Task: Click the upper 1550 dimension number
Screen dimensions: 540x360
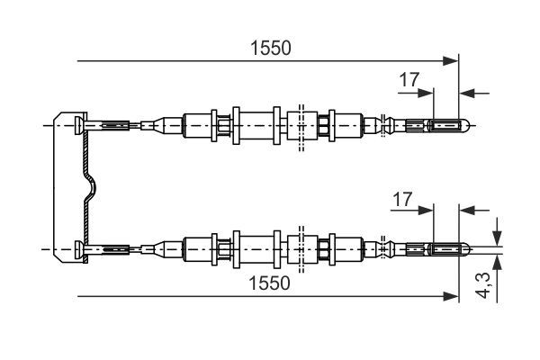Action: [271, 48]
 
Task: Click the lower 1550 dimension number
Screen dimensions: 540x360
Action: [269, 283]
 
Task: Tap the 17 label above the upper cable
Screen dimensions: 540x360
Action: [409, 80]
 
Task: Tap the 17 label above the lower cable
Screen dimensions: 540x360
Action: [402, 200]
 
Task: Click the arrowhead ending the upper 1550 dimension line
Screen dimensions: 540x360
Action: [451, 61]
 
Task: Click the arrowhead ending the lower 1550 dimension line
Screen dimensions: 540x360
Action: [451, 296]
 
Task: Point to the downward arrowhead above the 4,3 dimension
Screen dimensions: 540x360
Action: [497, 238]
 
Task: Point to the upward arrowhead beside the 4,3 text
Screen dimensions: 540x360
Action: [497, 263]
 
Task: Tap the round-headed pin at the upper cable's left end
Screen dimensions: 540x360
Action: [79, 125]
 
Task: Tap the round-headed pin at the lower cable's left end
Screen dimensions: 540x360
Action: [79, 248]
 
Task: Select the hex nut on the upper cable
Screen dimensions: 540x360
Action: [324, 125]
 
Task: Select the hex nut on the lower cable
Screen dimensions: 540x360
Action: [324, 248]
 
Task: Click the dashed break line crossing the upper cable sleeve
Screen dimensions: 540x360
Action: [301, 128]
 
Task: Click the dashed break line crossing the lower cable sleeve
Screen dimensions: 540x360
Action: [301, 249]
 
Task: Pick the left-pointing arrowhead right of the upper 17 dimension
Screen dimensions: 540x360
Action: [467, 93]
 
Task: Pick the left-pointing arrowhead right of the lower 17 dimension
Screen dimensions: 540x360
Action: [467, 210]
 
